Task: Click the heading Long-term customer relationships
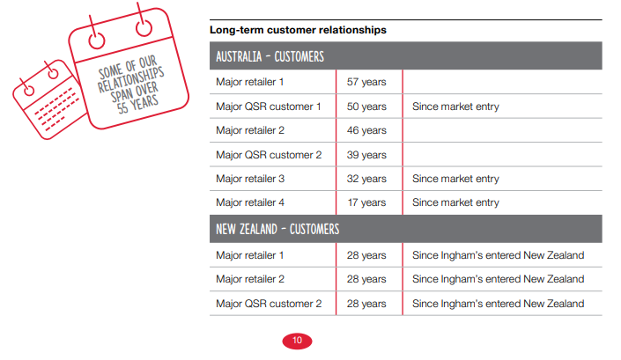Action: tap(298, 30)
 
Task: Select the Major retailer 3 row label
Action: tap(250, 179)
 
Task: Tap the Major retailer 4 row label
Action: tap(250, 202)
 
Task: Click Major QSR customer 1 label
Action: tap(268, 107)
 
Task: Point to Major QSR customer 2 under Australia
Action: tap(269, 155)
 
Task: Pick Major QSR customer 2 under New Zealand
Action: tap(269, 304)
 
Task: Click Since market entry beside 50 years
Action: tap(455, 107)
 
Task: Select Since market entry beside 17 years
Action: tap(455, 202)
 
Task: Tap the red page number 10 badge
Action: tap(297, 341)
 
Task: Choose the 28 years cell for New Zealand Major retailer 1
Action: tap(366, 255)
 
